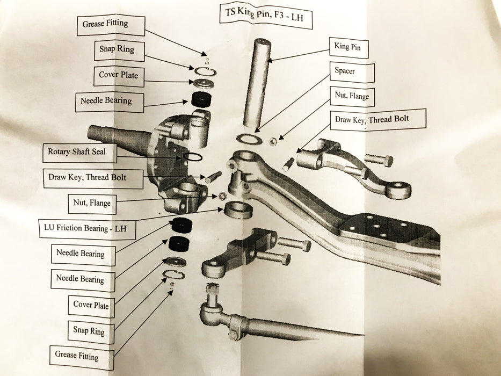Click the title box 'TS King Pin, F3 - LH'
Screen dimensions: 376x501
[x=264, y=15]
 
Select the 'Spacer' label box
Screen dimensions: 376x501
[x=345, y=70]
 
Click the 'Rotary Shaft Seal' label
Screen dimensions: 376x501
[x=76, y=152]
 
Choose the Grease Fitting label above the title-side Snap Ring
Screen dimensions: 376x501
[x=105, y=24]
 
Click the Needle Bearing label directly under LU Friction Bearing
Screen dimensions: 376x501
[x=81, y=254]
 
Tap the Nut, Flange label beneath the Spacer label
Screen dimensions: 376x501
[x=352, y=96]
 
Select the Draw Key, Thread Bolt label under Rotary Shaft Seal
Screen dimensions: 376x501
[x=88, y=177]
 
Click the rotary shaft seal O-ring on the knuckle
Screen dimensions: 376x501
[x=193, y=156]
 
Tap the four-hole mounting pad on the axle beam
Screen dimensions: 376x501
[x=376, y=227]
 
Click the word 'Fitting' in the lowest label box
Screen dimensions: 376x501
[x=87, y=356]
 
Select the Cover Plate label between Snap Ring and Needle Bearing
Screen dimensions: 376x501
[x=118, y=75]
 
